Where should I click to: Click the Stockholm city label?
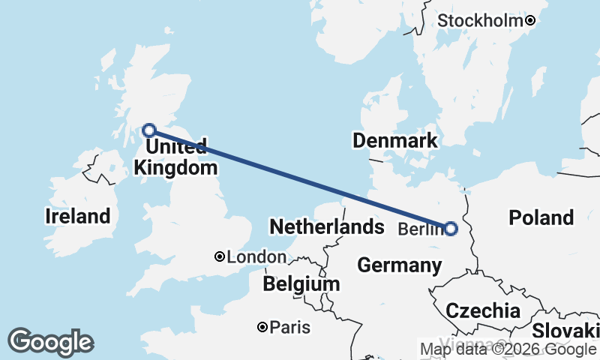[x=479, y=21]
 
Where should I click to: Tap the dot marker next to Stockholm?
[x=530, y=21]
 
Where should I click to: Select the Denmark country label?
[x=394, y=141]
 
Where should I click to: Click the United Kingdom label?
[x=170, y=157]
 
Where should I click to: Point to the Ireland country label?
[x=77, y=217]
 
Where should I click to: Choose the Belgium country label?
[x=301, y=284]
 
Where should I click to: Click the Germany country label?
[x=399, y=265]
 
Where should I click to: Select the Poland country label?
[x=541, y=217]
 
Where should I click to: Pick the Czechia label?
[x=482, y=310]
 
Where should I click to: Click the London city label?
[x=256, y=257]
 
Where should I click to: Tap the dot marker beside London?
[x=220, y=256]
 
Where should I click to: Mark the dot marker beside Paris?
[x=262, y=327]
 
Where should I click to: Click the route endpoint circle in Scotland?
[x=149, y=130]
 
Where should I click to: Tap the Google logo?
[x=50, y=342]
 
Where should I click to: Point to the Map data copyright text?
[x=507, y=349]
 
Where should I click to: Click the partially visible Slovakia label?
[x=566, y=331]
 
